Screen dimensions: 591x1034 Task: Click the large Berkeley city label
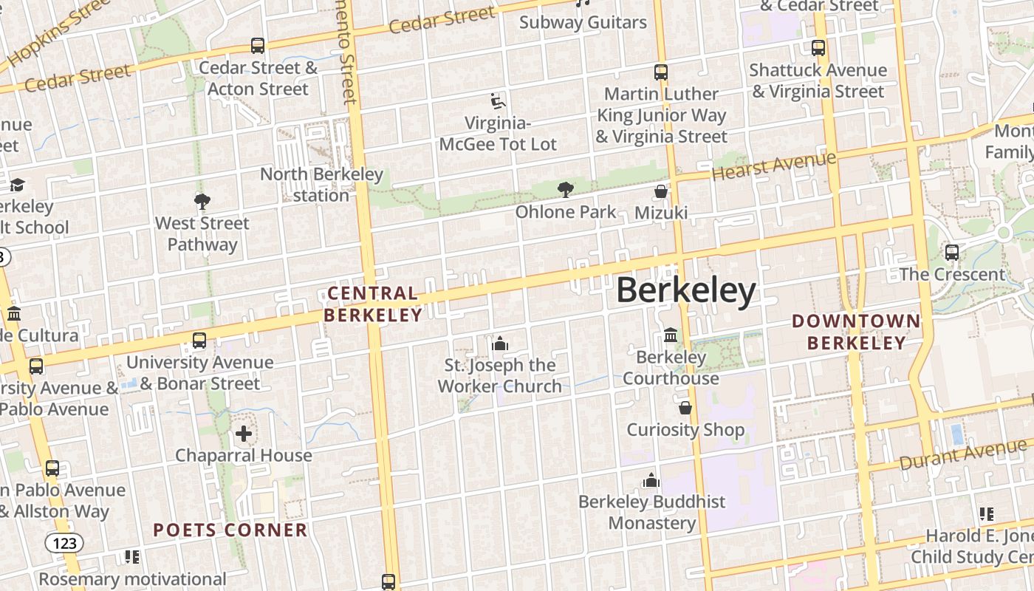685,290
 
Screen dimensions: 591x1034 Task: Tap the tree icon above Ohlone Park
566,190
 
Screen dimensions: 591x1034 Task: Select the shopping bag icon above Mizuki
661,191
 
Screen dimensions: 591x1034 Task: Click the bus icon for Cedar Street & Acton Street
258,46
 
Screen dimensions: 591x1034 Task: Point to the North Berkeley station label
321,185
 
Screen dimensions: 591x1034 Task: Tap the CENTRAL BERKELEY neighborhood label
373,304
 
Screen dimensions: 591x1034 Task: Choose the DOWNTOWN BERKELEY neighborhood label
856,332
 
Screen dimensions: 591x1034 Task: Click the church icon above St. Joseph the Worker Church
500,344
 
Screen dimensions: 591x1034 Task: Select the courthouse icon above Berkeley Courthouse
671,335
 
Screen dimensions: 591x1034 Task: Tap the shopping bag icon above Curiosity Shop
685,408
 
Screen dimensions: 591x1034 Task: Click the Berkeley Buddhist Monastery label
652,512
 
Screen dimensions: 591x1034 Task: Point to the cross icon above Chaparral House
244,434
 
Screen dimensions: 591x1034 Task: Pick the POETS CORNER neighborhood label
230,530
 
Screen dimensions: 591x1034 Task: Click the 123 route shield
64,543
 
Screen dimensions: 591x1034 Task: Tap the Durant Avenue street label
962,454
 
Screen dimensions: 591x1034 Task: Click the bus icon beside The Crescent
952,253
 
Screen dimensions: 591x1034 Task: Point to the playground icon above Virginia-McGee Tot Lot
498,100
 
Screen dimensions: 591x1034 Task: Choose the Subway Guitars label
583,22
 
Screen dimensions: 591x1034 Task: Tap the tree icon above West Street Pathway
202,201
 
